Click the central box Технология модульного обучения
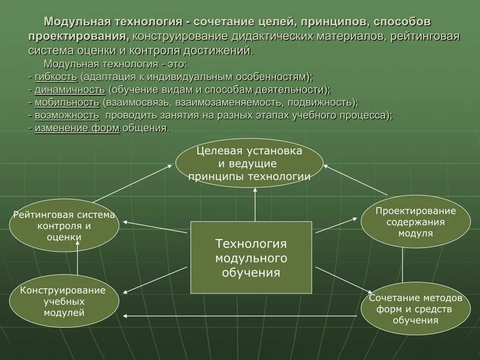pyautogui.click(x=251, y=257)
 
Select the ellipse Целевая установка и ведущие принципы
pyautogui.click(x=249, y=163)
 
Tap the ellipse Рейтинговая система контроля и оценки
pyautogui.click(x=64, y=225)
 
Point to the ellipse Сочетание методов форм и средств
pyautogui.click(x=415, y=308)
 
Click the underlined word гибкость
pyautogui.click(x=55, y=77)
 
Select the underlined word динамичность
pyautogui.click(x=69, y=90)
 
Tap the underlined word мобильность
pyautogui.click(x=67, y=102)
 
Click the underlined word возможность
pyautogui.click(x=67, y=115)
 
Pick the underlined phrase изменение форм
pyautogui.click(x=77, y=128)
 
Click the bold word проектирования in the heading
pyautogui.click(x=78, y=36)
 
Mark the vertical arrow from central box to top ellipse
pyautogui.click(x=255, y=204)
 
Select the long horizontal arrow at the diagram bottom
pyautogui.click(x=239, y=316)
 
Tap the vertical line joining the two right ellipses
pyautogui.click(x=403, y=265)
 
